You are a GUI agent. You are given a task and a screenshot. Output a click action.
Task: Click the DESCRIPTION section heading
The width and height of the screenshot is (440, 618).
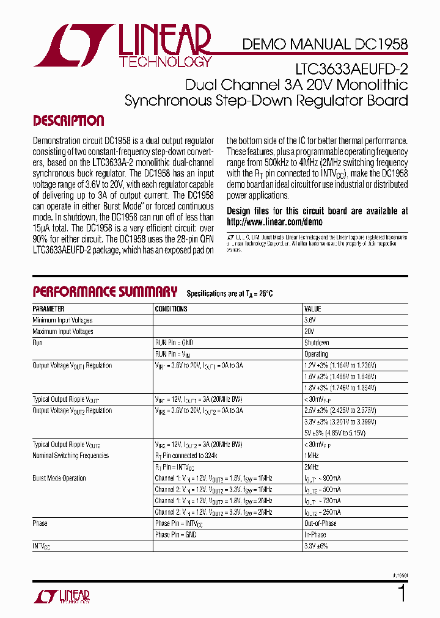click(68, 120)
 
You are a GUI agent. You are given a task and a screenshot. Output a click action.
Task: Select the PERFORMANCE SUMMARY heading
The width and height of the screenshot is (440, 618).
click(105, 291)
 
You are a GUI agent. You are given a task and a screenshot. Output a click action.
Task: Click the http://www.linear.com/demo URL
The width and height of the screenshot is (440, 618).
click(274, 222)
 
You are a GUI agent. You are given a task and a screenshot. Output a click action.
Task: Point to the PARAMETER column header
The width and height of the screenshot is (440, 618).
click(48, 309)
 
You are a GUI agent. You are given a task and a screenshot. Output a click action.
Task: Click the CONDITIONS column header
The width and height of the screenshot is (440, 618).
click(171, 309)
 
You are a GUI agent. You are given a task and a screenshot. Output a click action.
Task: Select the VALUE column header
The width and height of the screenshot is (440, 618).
click(313, 309)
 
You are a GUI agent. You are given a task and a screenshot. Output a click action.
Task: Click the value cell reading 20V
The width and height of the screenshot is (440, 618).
click(310, 332)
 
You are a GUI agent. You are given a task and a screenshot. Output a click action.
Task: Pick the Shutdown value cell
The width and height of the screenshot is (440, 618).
click(317, 343)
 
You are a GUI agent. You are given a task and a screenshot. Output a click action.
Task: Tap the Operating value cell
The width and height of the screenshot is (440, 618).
click(316, 354)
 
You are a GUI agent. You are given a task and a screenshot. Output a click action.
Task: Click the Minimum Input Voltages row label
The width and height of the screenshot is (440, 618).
click(62, 320)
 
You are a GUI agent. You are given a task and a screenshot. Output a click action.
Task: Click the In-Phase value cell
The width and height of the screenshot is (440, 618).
click(315, 534)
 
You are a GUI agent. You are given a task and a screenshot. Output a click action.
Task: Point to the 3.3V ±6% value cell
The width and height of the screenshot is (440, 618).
click(317, 546)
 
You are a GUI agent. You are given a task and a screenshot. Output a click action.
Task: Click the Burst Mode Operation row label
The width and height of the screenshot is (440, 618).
click(59, 478)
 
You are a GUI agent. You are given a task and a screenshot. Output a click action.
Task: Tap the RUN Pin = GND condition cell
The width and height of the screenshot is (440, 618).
click(174, 343)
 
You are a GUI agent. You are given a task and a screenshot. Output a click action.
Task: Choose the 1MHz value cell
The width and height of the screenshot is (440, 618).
click(312, 456)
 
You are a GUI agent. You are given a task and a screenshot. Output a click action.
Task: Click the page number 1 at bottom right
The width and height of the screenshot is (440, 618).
click(402, 594)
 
